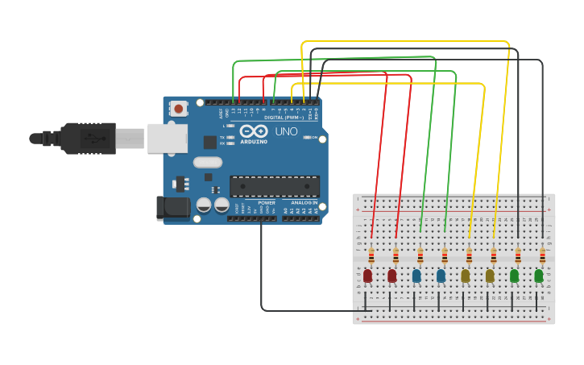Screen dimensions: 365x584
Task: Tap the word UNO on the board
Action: pos(287,131)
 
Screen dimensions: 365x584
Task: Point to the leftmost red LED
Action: pos(368,276)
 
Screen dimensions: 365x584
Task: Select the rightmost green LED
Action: pos(539,276)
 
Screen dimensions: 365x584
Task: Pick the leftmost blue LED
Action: pos(416,276)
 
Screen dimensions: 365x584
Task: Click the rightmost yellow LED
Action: pos(490,276)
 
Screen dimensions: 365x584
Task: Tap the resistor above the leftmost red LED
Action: pos(371,256)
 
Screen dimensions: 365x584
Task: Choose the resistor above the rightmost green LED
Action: pos(542,256)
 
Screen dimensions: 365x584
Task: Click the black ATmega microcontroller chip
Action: pos(275,186)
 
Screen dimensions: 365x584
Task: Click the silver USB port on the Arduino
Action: pos(167,139)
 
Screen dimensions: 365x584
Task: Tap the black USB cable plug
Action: pos(89,139)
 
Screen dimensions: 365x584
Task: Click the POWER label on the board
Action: pos(267,203)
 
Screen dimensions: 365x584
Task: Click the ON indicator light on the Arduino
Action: pos(307,138)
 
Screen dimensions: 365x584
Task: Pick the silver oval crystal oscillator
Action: pos(208,162)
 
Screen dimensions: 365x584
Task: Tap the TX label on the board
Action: pos(222,137)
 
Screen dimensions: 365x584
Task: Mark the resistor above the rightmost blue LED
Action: pos(444,256)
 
